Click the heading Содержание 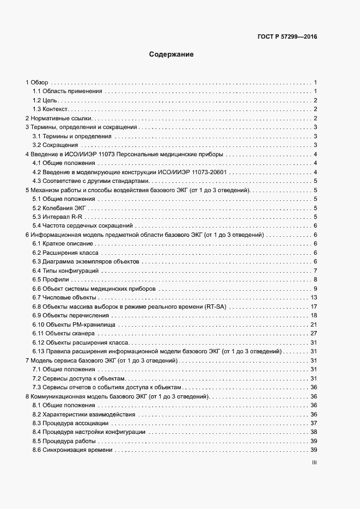coord(172,54)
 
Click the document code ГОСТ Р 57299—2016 coord(287,37)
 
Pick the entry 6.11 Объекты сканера coord(64,333)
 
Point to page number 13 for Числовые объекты coord(314,297)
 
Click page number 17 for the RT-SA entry coord(314,306)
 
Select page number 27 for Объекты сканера coord(314,333)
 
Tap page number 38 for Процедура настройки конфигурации coord(314,432)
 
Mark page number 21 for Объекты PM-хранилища coord(314,324)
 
